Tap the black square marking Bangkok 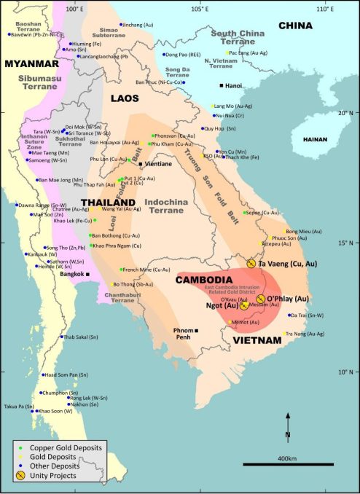87,273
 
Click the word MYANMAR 31,63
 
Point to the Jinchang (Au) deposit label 141,25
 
